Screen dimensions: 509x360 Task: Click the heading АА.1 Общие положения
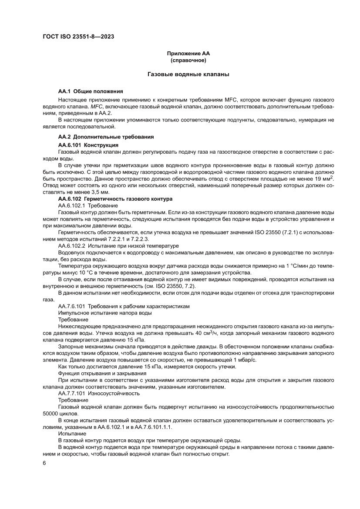click(91, 91)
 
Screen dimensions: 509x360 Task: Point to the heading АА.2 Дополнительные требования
click(106, 137)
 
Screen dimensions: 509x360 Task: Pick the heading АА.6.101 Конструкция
click(88, 144)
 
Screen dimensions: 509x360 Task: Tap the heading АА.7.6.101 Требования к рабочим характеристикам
click(124, 307)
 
